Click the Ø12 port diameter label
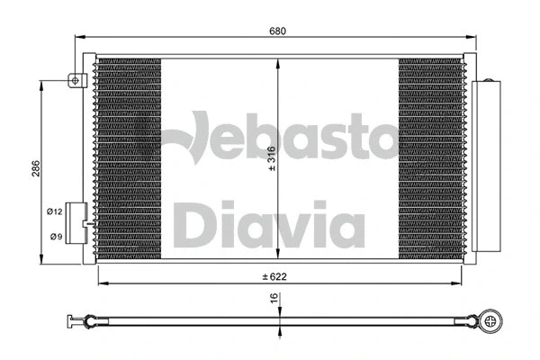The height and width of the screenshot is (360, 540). pyautogui.click(x=55, y=211)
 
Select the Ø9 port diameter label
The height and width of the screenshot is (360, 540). pyautogui.click(x=55, y=236)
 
